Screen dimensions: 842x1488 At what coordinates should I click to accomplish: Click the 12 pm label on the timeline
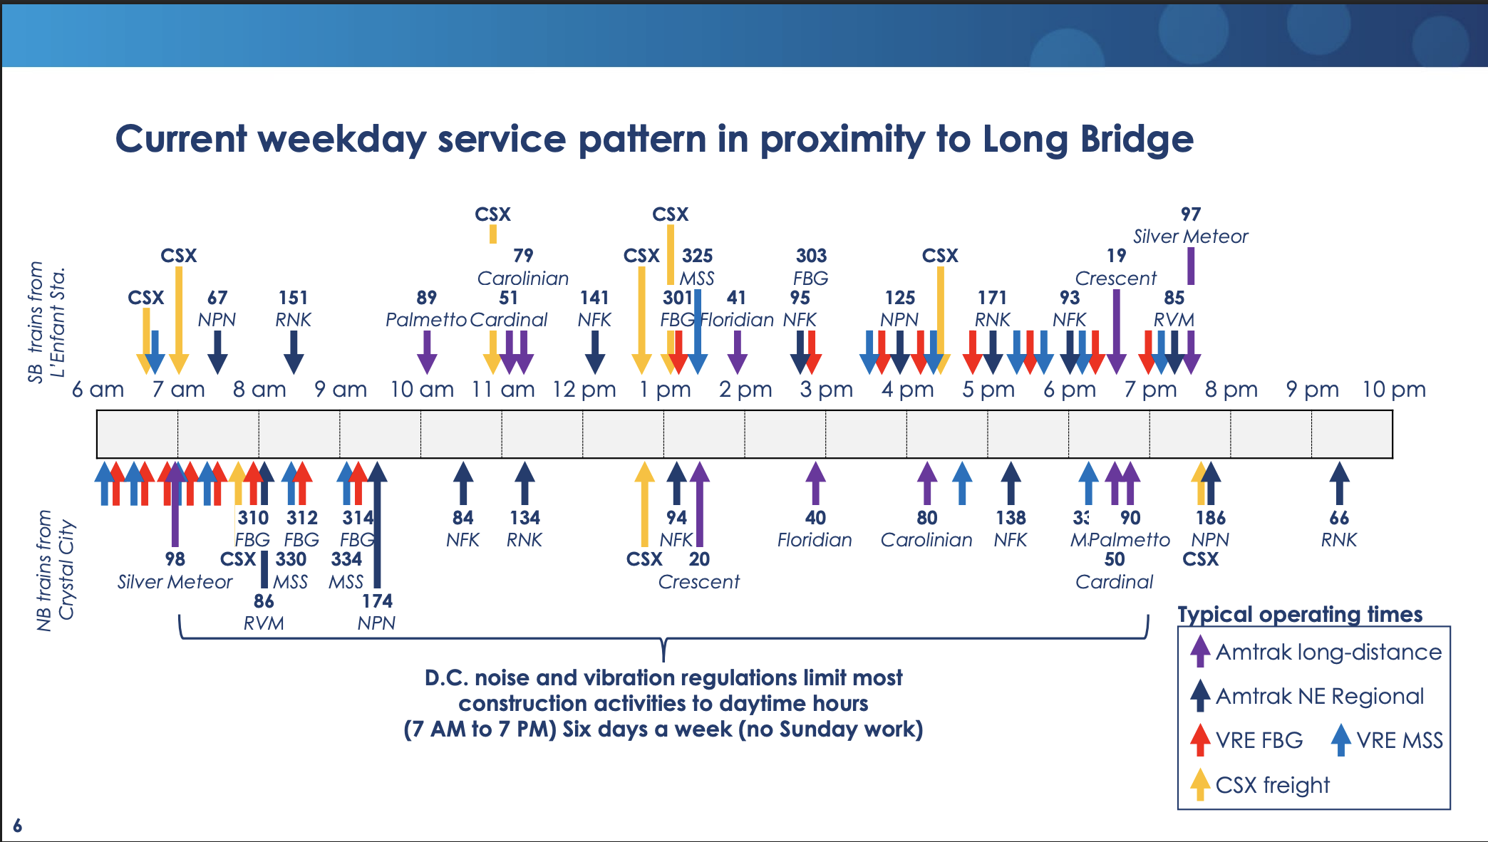tap(584, 390)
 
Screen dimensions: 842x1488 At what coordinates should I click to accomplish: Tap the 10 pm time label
tap(1394, 390)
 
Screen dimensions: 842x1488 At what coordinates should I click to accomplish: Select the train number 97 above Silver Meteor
tap(1191, 214)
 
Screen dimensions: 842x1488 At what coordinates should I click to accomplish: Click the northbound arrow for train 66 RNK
tap(1339, 483)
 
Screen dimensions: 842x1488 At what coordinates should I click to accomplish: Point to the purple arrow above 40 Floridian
tap(815, 483)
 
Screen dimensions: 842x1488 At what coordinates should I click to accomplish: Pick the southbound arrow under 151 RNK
tap(294, 352)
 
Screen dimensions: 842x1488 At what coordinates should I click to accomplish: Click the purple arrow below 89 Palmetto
tap(426, 352)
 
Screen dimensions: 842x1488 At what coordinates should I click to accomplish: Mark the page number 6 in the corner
tap(17, 826)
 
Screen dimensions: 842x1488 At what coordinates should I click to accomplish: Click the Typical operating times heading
tap(1300, 614)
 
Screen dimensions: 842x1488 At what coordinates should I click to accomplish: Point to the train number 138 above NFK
tap(1011, 518)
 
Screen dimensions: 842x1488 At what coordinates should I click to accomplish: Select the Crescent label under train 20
tap(698, 582)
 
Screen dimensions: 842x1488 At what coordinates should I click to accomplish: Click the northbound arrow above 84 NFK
tap(463, 483)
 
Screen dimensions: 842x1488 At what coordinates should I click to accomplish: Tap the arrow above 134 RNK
tap(525, 483)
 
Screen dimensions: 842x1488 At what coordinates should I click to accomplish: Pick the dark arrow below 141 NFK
tap(594, 352)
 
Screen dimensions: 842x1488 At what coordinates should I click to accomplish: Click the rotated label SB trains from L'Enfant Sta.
tap(46, 322)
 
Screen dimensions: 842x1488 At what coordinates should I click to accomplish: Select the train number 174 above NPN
tap(377, 601)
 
